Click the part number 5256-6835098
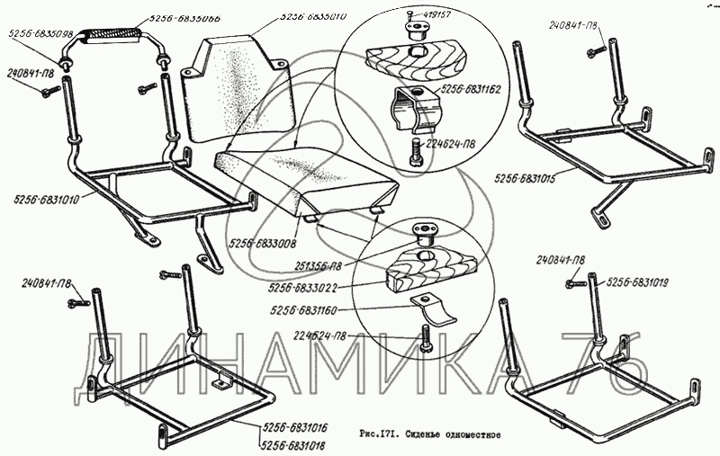(40, 34)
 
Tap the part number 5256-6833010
(315, 15)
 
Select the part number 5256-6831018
(293, 444)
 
